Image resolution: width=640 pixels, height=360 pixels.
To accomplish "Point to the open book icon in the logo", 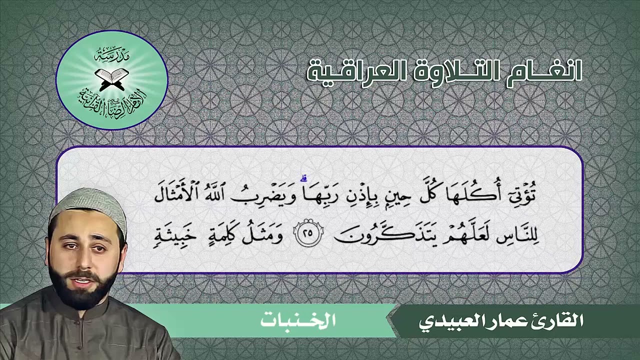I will point(111,78).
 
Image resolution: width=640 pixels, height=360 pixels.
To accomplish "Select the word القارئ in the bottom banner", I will point(560,321).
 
